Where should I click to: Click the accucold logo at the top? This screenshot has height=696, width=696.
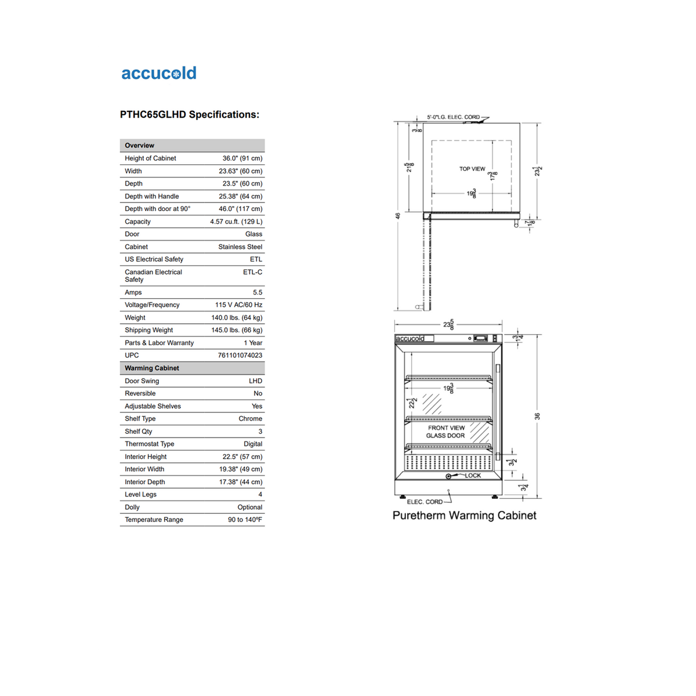[x=159, y=73]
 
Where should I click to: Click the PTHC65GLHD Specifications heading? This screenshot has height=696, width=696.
[x=190, y=115]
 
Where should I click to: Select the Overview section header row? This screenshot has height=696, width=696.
[x=192, y=146]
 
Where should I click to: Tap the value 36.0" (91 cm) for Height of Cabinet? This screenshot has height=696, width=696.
[x=242, y=158]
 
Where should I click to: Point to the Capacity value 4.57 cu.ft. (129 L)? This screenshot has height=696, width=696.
[x=236, y=222]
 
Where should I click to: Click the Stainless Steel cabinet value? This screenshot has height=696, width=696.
[x=240, y=247]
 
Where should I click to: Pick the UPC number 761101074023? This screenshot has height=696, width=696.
[x=240, y=356]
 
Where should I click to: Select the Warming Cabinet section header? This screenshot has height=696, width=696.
[x=192, y=368]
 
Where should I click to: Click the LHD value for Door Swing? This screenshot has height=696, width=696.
[x=255, y=381]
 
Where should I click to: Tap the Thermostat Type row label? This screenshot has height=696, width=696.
[x=150, y=444]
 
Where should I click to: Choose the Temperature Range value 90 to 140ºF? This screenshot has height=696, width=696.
[x=245, y=520]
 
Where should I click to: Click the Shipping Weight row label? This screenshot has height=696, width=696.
[x=149, y=331]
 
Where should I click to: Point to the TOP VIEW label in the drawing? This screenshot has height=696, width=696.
[x=472, y=169]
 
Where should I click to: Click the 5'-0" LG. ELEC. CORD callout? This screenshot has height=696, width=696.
[x=454, y=117]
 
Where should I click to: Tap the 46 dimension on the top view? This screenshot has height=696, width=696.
[x=398, y=216]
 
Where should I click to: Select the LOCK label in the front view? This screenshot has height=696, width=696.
[x=473, y=476]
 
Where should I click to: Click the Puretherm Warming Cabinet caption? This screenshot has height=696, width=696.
[x=464, y=516]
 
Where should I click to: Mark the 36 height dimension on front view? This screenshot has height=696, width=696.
[x=538, y=416]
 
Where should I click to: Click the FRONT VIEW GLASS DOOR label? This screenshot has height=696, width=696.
[x=446, y=432]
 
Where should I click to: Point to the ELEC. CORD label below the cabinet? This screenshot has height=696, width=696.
[x=425, y=502]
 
